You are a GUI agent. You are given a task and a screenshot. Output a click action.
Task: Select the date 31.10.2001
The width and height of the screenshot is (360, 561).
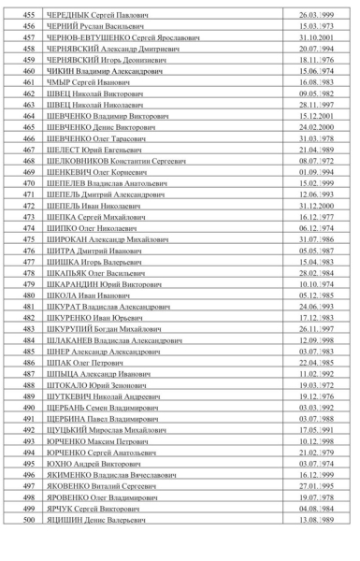316,38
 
